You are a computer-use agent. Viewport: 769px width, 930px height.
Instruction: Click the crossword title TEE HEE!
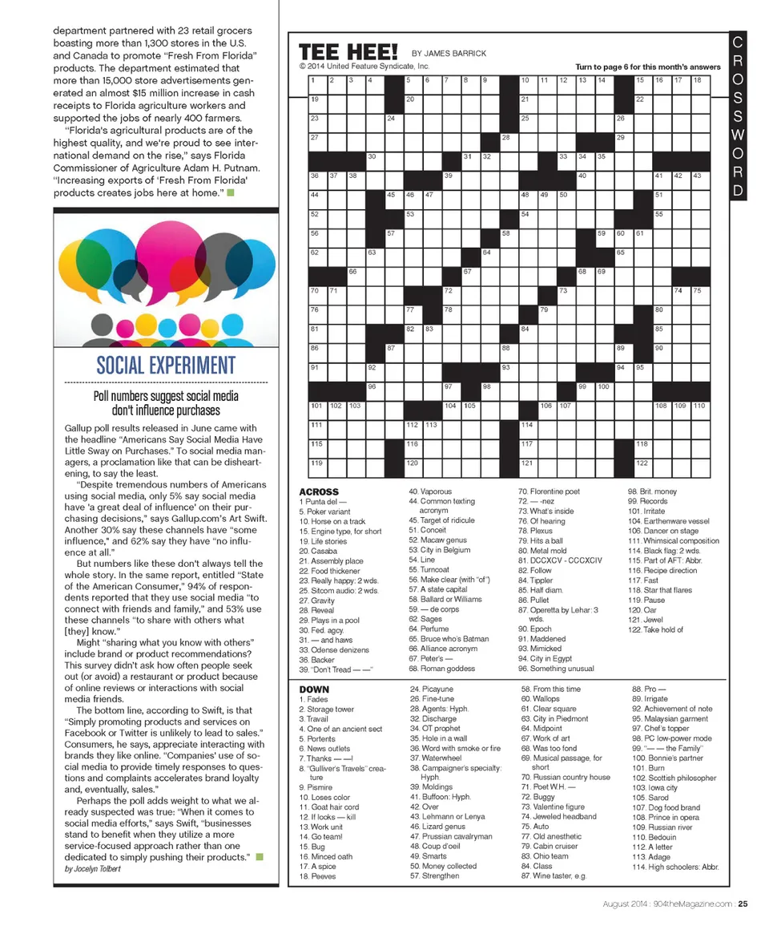[348, 53]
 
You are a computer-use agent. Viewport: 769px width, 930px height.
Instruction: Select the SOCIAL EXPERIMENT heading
[166, 366]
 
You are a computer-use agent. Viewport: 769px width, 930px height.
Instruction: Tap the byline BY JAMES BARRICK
[449, 54]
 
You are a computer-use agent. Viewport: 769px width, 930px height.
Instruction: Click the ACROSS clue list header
[318, 491]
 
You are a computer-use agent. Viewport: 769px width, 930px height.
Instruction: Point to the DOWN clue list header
[313, 689]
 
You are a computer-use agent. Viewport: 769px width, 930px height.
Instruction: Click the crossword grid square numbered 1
[317, 84]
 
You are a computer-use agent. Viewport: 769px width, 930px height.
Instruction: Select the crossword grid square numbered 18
[700, 84]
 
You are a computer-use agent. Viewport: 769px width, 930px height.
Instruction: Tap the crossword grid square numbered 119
[317, 468]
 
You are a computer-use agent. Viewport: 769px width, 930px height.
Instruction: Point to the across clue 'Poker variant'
[324, 511]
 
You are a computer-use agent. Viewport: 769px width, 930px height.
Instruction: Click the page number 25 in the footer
[743, 904]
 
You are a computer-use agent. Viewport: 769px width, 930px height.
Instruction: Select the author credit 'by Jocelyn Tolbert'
[93, 869]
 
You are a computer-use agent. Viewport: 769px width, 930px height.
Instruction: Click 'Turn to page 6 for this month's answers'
[647, 67]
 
